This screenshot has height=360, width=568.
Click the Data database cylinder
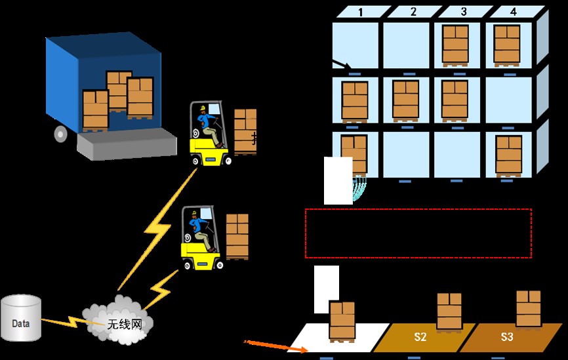point(20,319)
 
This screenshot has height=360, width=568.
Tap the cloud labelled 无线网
point(117,317)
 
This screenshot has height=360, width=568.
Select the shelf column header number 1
point(360,12)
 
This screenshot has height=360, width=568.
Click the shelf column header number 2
point(413,12)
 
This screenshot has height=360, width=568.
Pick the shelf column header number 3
point(464,12)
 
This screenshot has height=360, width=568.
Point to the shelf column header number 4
point(514,12)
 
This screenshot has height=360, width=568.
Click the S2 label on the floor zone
point(420,337)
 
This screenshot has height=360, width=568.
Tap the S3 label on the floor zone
point(507,337)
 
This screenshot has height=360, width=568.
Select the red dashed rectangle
point(418,233)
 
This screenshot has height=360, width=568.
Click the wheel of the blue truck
point(61,134)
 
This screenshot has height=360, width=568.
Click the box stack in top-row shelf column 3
point(455,45)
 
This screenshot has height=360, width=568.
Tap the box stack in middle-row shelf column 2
point(405,100)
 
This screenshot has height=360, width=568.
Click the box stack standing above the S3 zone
point(528,308)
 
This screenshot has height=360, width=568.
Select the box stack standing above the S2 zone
point(449,311)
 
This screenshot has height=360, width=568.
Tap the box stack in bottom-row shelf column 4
point(508,155)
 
